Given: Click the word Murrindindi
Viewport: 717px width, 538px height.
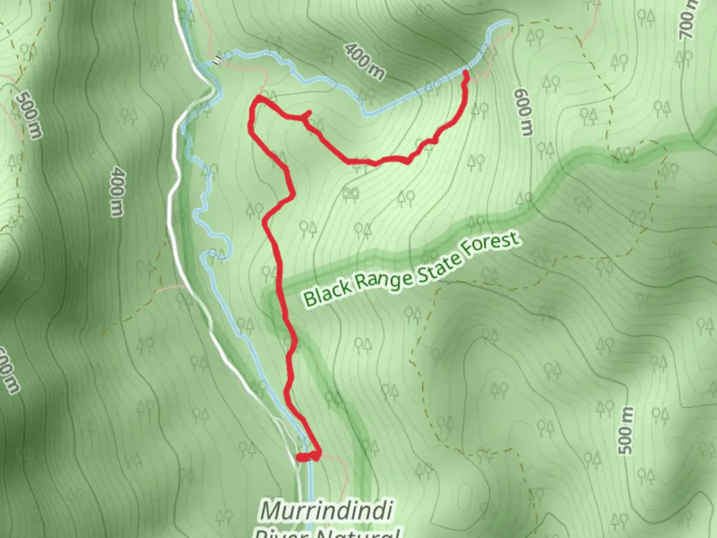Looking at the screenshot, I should click(x=326, y=511).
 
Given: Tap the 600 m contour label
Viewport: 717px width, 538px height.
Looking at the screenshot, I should click(x=523, y=112).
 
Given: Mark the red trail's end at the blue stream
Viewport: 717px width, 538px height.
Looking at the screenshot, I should click(x=466, y=72).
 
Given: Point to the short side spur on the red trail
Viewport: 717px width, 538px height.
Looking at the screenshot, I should click(x=307, y=115).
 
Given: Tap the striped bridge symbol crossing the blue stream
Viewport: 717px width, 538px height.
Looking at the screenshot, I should click(x=217, y=60).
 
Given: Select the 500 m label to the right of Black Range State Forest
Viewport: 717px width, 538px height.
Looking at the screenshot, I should click(x=627, y=430).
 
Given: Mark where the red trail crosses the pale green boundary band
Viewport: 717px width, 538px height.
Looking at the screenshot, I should click(x=279, y=289).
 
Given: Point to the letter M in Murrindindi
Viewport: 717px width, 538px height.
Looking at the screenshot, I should click(x=272, y=511).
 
